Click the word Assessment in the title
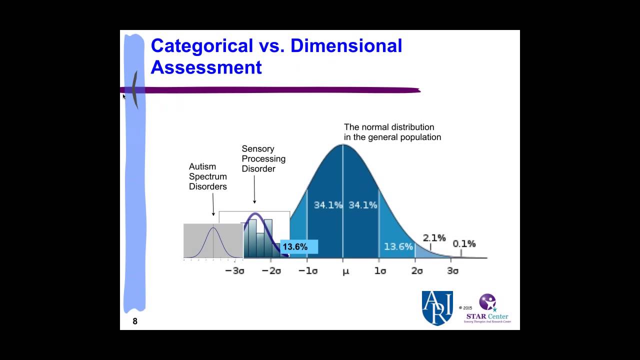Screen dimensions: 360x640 pyautogui.click(x=206, y=67)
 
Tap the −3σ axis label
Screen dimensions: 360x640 pyautogui.click(x=234, y=271)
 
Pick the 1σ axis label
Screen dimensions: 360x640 pyautogui.click(x=380, y=271)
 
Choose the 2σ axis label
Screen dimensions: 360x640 pyautogui.click(x=416, y=271)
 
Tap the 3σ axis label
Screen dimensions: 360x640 pyautogui.click(x=452, y=271)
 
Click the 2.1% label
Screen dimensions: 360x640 pyautogui.click(x=434, y=238)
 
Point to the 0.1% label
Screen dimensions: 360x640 pyautogui.click(x=464, y=244)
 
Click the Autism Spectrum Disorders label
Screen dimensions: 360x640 pyautogui.click(x=207, y=176)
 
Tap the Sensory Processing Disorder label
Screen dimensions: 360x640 pyautogui.click(x=263, y=158)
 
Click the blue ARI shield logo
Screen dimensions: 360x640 pyautogui.click(x=437, y=308)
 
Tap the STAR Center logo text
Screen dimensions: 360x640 pyautogui.click(x=487, y=316)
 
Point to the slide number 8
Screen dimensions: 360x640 pyautogui.click(x=135, y=321)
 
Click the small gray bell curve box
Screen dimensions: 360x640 pyautogui.click(x=213, y=241)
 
